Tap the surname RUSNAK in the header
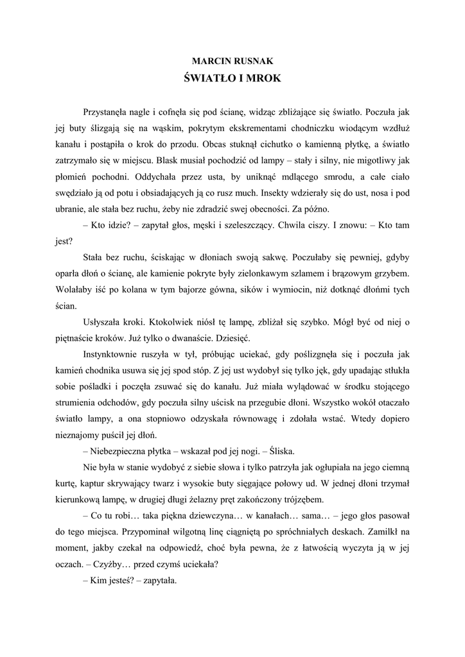(x=252, y=61)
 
